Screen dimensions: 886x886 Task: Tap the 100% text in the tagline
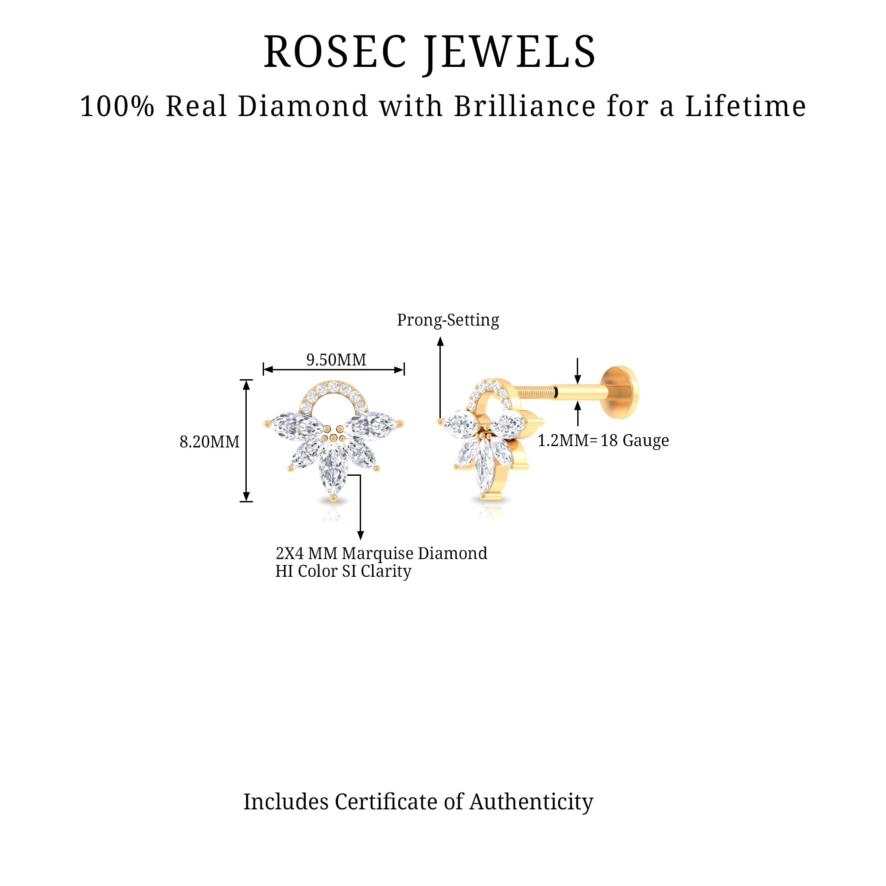[117, 106]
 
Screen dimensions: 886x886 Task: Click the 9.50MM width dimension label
[336, 360]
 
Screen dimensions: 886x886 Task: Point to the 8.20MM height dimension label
[210, 442]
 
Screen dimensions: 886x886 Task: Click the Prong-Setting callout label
[447, 320]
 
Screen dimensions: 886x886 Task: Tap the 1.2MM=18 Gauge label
[603, 440]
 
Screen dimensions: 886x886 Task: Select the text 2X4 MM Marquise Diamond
[381, 553]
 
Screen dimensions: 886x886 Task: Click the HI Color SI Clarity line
[343, 571]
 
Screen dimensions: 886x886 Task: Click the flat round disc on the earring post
[622, 392]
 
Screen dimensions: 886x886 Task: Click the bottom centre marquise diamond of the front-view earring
[334, 466]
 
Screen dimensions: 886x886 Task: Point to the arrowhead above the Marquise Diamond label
[361, 535]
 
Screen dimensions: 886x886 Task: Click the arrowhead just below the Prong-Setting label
[440, 340]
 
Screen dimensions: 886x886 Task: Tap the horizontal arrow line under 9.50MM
[334, 369]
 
